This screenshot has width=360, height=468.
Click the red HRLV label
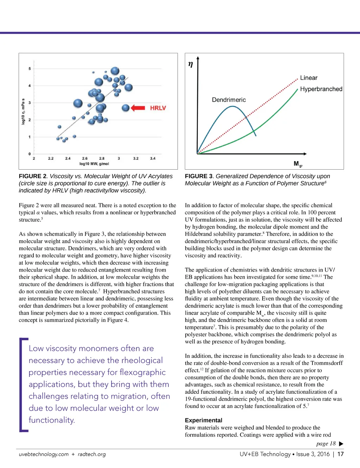158,108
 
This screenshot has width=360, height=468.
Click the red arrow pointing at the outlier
138,108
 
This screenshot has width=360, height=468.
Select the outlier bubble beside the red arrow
126,108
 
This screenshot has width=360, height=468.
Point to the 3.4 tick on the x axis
153,159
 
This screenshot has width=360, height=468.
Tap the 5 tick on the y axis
30,69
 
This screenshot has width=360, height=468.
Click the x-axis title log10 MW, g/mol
94,164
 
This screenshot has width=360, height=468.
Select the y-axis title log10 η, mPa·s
23,112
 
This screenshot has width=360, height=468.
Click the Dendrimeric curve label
229,100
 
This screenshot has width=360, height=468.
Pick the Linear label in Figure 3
309,78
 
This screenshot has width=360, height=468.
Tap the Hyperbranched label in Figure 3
321,89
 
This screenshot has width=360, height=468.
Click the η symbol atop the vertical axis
191,64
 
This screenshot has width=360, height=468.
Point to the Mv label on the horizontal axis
298,164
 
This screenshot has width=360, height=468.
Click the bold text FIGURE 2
33,176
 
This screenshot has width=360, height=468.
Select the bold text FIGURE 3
199,176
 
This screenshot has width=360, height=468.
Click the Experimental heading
204,420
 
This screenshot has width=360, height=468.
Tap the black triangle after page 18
341,444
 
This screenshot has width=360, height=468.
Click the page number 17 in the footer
340,454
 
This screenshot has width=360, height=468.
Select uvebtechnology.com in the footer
44,454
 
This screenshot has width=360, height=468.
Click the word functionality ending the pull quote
52,420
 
